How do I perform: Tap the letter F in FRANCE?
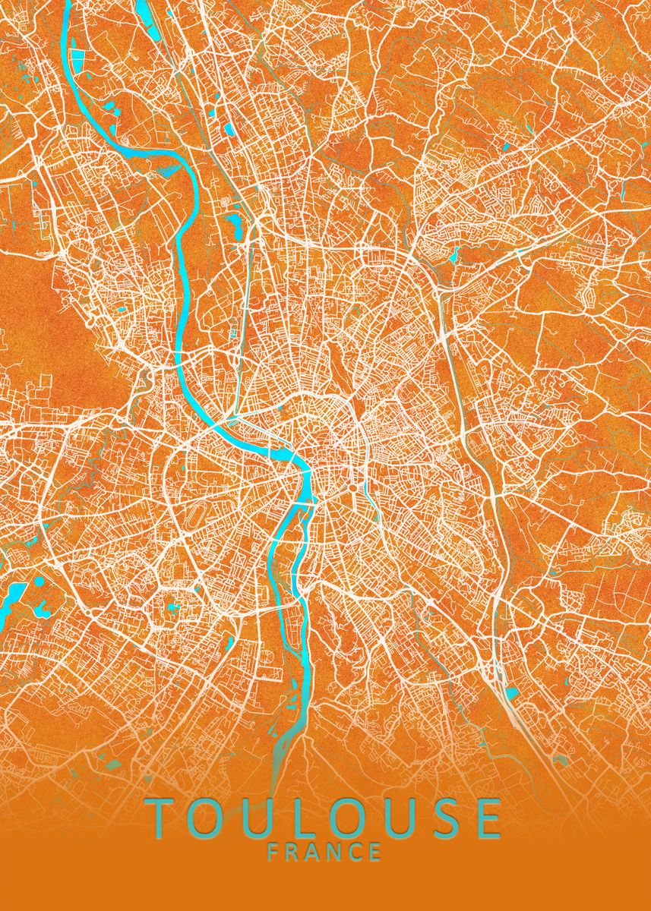[274, 852]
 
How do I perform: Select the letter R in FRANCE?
[295, 852]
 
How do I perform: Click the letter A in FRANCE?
[315, 852]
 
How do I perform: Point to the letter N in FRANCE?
[337, 852]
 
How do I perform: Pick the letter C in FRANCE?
[356, 852]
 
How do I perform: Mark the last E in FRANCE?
[376, 852]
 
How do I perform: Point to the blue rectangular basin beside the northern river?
[81, 58]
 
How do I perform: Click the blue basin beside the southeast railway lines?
[512, 692]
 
